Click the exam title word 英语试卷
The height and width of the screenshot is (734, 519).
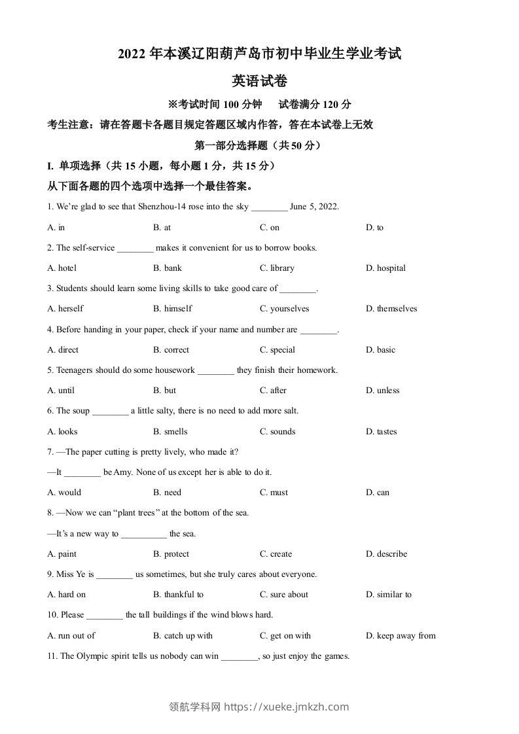click(x=259, y=81)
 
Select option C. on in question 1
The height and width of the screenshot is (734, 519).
click(x=269, y=228)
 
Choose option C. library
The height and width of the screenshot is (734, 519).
click(x=277, y=268)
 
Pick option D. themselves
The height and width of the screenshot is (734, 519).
click(x=391, y=309)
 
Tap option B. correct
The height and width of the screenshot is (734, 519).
click(x=171, y=350)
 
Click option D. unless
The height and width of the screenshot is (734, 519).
click(x=382, y=391)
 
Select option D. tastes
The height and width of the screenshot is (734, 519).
click(x=381, y=432)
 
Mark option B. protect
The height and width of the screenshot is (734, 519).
click(x=171, y=554)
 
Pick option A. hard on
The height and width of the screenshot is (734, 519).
click(x=67, y=595)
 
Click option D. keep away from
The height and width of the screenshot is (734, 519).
click(x=401, y=636)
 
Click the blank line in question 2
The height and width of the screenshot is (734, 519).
click(x=135, y=248)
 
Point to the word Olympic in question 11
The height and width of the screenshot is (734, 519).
click(x=92, y=656)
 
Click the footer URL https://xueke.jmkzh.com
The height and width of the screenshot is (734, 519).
click(x=286, y=707)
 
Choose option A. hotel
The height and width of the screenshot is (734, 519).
click(x=62, y=268)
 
